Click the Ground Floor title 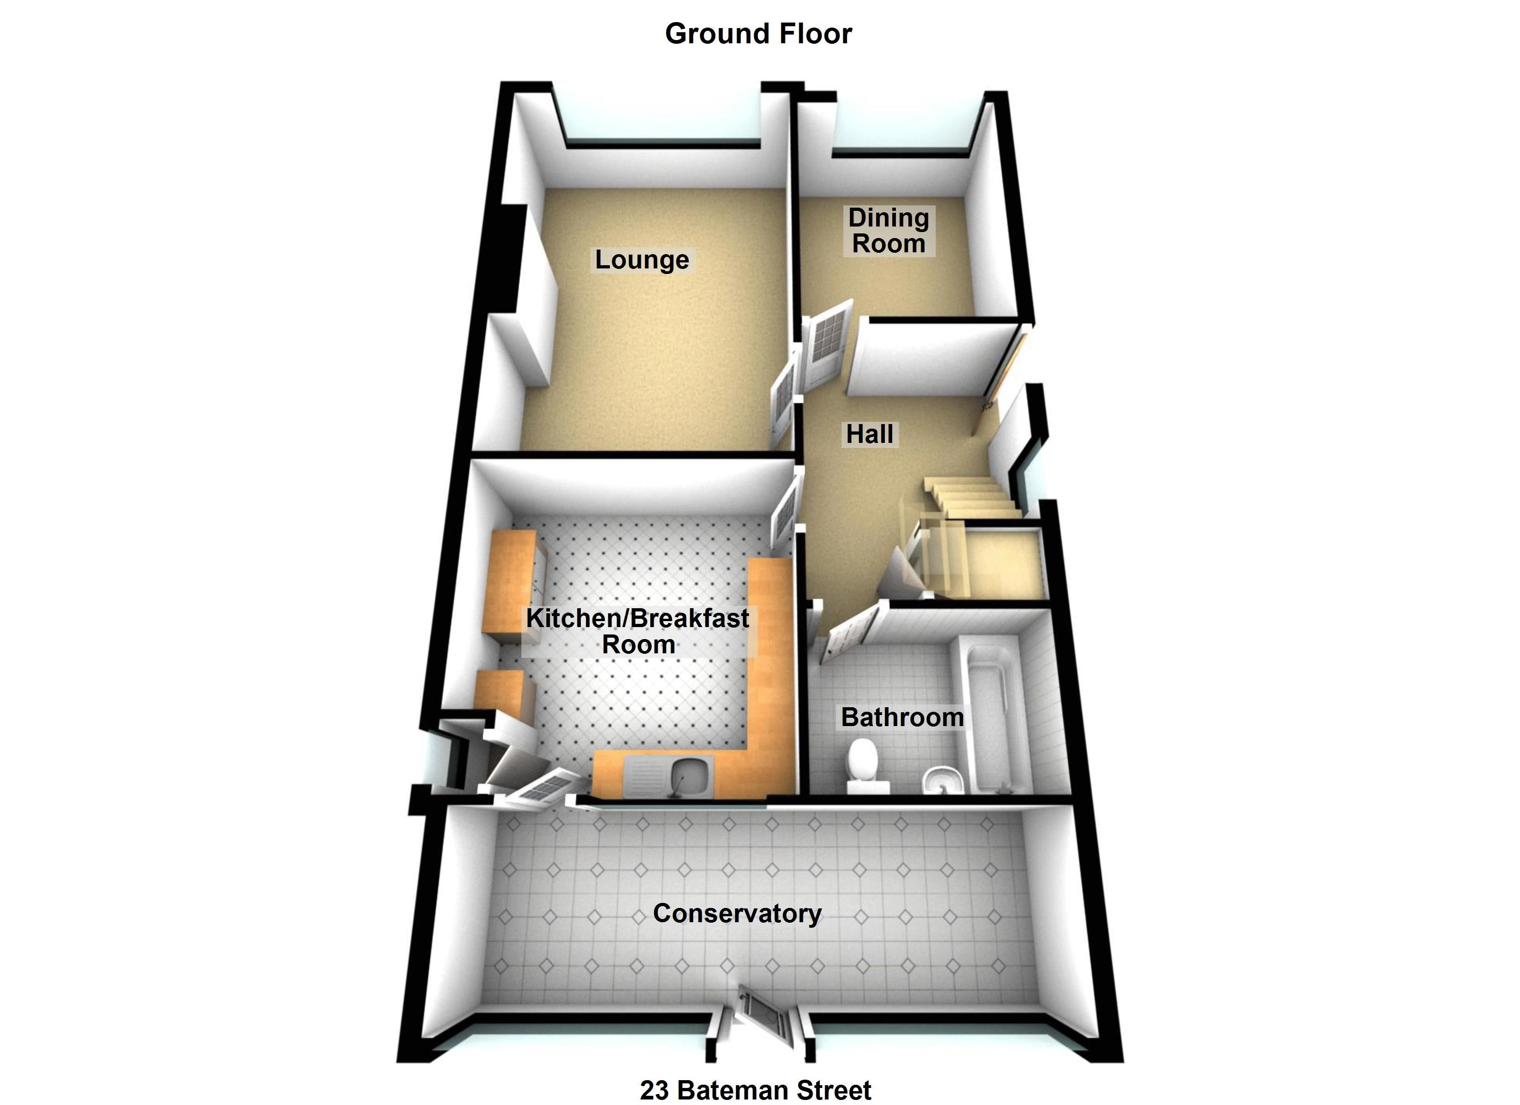tap(758, 34)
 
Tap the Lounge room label tap(641, 260)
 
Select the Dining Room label tap(888, 231)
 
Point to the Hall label tap(869, 434)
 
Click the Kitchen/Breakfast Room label tap(637, 631)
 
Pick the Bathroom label tap(902, 717)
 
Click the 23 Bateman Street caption tap(755, 1090)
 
